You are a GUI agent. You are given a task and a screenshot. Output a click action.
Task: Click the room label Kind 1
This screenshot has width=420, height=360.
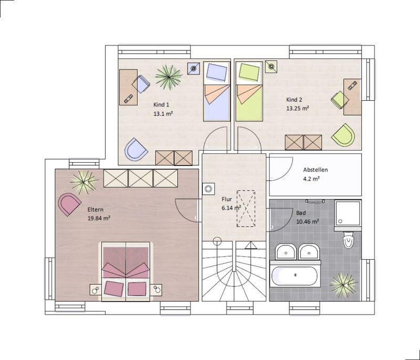pos(161,104)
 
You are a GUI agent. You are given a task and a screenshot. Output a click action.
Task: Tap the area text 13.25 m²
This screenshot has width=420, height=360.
pos(298,109)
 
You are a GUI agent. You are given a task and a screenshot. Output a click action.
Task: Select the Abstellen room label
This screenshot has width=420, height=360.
pos(316,170)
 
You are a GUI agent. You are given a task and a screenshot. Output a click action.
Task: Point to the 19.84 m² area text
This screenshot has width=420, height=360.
pos(99,218)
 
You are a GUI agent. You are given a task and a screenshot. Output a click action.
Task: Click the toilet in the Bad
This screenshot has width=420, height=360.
pos(348,239)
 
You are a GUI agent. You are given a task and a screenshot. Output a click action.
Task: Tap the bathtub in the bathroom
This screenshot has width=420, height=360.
pos(295,275)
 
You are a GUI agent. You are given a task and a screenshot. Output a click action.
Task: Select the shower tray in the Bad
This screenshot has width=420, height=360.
pos(348,213)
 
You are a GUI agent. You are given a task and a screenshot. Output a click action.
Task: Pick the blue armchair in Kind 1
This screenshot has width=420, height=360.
pos(136,149)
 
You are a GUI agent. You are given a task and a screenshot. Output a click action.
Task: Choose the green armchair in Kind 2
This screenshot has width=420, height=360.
pos(343,135)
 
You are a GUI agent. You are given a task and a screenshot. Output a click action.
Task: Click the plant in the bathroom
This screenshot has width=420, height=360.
pos(343,284)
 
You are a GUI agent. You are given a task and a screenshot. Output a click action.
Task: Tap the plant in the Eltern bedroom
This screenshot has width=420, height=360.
pos(84,182)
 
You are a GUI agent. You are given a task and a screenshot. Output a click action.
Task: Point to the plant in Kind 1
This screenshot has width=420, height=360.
pos(169,77)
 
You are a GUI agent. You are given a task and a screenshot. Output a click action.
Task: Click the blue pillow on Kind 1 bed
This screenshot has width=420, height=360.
pos(217,72)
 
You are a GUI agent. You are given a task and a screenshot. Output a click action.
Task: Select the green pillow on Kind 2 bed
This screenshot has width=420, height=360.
pos(249,72)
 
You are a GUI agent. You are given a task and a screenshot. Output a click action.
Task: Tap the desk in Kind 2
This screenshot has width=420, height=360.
pos(352,97)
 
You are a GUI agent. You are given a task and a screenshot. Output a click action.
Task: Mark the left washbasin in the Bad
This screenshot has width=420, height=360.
pos(286,251)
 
